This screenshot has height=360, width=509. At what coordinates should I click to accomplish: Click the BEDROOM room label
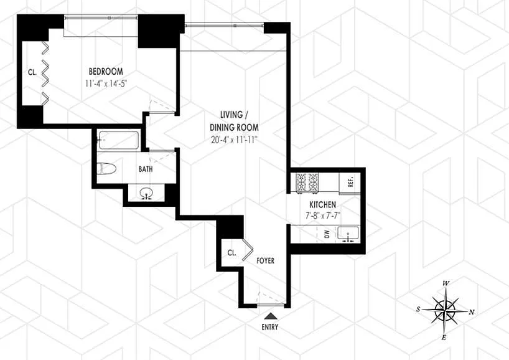(x=105, y=71)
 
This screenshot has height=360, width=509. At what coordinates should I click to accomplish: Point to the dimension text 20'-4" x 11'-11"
(x=235, y=140)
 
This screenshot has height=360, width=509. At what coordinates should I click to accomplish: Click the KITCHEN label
(x=323, y=205)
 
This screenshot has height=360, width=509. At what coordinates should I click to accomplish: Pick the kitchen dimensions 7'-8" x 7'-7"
(x=323, y=216)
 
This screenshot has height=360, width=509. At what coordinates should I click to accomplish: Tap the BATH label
(x=146, y=169)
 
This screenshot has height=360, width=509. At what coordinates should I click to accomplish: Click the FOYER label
(x=265, y=261)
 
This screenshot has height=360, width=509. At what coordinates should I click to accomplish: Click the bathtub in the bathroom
(x=119, y=139)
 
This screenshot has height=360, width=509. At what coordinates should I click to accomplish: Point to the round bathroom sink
(x=147, y=194)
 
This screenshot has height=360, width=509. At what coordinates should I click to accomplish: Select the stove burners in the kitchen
(x=308, y=182)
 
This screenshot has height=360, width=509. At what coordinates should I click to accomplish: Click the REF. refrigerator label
(x=350, y=182)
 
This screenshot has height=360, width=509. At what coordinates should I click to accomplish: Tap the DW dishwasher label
(x=326, y=235)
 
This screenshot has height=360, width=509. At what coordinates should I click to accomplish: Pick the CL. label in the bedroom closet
(x=32, y=72)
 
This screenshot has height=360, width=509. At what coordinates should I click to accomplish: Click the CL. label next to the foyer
(x=231, y=253)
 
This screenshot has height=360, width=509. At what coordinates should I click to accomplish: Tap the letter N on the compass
(x=471, y=312)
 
